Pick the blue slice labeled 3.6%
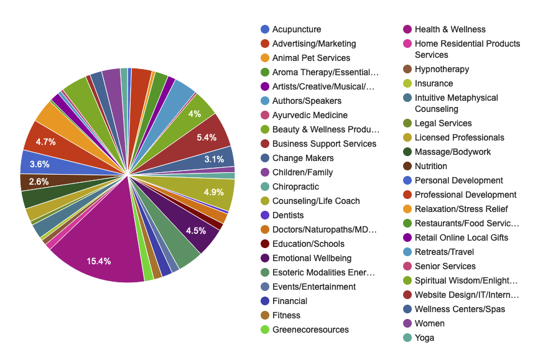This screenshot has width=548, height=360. point(40,164)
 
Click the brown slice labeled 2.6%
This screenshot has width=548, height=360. point(39,182)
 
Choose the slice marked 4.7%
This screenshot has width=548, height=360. point(45,142)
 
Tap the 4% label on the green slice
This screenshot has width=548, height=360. point(195,114)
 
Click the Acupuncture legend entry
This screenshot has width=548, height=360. point(296,29)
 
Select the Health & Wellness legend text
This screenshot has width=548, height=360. point(450,29)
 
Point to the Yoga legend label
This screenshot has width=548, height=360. point(424,338)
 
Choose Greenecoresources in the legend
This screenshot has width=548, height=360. point(310,330)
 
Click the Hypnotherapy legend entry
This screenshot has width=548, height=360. point(442,69)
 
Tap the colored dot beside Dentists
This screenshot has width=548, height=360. point(265,215)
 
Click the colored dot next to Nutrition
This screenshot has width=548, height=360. point(407,166)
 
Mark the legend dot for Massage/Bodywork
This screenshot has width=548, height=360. point(407,152)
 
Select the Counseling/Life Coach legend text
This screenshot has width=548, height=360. point(316,201)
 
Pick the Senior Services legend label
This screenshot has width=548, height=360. point(445,266)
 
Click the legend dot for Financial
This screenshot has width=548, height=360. point(265,301)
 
